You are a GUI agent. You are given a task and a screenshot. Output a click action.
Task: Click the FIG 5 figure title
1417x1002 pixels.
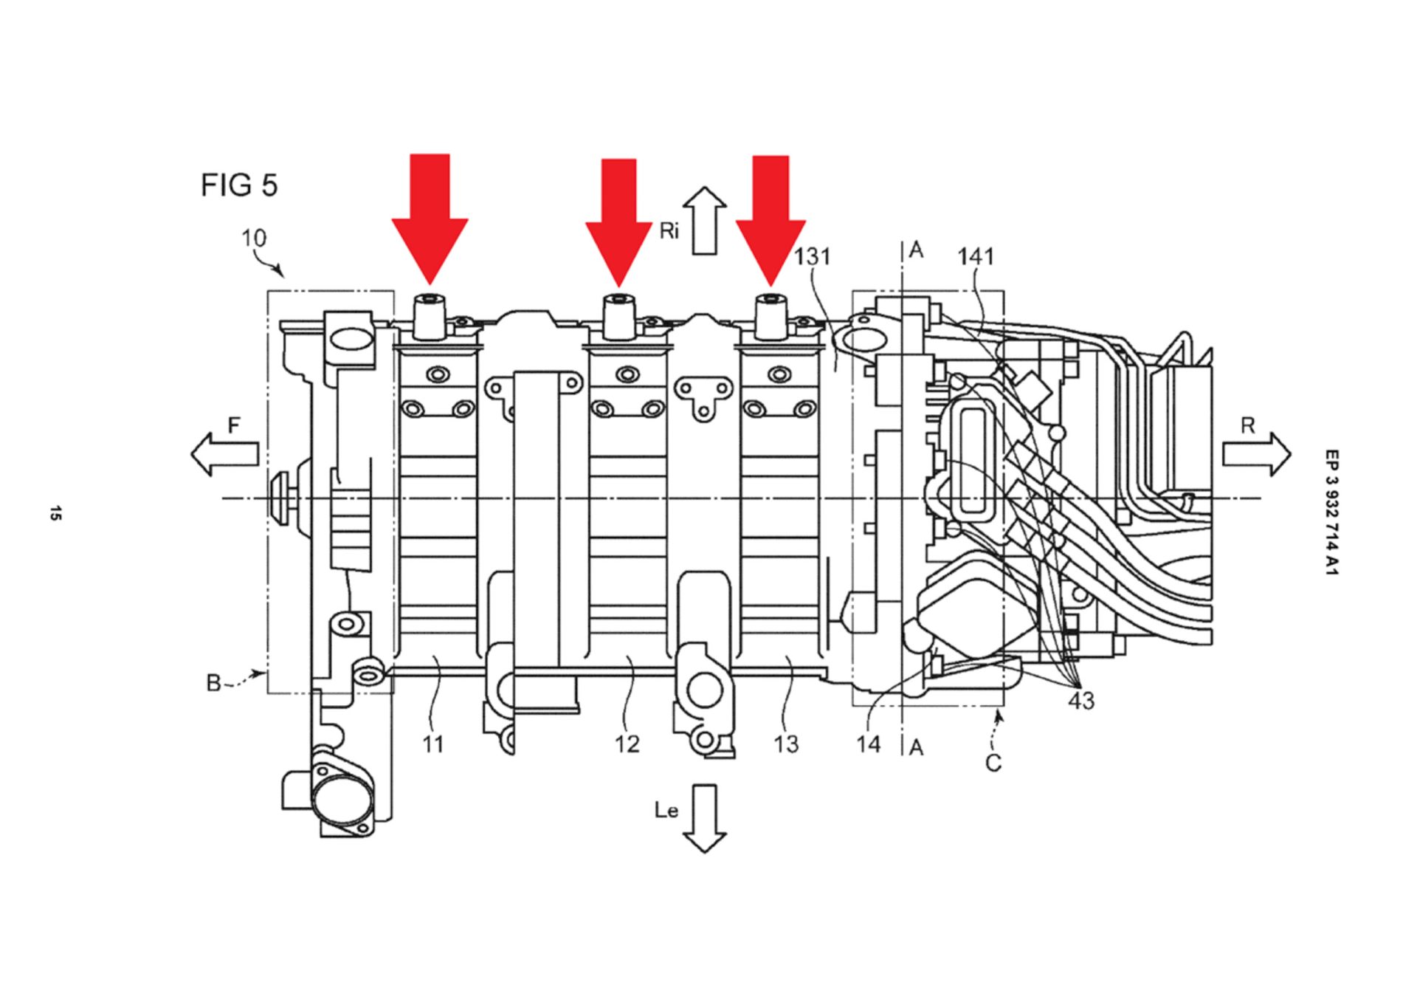pyautogui.click(x=239, y=185)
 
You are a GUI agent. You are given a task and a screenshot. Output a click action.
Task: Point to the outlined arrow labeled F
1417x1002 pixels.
pyautogui.click(x=224, y=453)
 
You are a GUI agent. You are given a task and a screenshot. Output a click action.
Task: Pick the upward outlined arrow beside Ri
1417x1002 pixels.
pyautogui.click(x=705, y=221)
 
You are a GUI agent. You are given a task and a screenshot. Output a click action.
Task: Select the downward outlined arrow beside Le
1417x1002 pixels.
pyautogui.click(x=705, y=818)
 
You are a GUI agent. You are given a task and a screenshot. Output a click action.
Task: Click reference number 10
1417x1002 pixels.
pyautogui.click(x=254, y=239)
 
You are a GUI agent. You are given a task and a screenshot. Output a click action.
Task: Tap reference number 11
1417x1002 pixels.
pyautogui.click(x=433, y=744)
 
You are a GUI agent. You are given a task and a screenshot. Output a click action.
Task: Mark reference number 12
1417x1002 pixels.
pyautogui.click(x=627, y=744)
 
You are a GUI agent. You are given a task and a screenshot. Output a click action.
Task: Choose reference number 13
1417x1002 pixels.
pyautogui.click(x=786, y=744)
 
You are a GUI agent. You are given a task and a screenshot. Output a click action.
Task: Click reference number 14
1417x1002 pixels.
pyautogui.click(x=869, y=744)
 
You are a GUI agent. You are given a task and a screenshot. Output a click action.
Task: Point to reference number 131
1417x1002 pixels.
pyautogui.click(x=813, y=256)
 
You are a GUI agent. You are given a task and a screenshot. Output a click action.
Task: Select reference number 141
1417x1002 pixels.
pyautogui.click(x=976, y=256)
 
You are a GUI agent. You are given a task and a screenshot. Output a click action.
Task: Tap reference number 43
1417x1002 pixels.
pyautogui.click(x=1081, y=701)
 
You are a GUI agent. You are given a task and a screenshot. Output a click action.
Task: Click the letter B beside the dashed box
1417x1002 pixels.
pyautogui.click(x=213, y=684)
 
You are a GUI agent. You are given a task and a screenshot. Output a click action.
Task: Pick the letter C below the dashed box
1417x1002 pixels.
pyautogui.click(x=993, y=763)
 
